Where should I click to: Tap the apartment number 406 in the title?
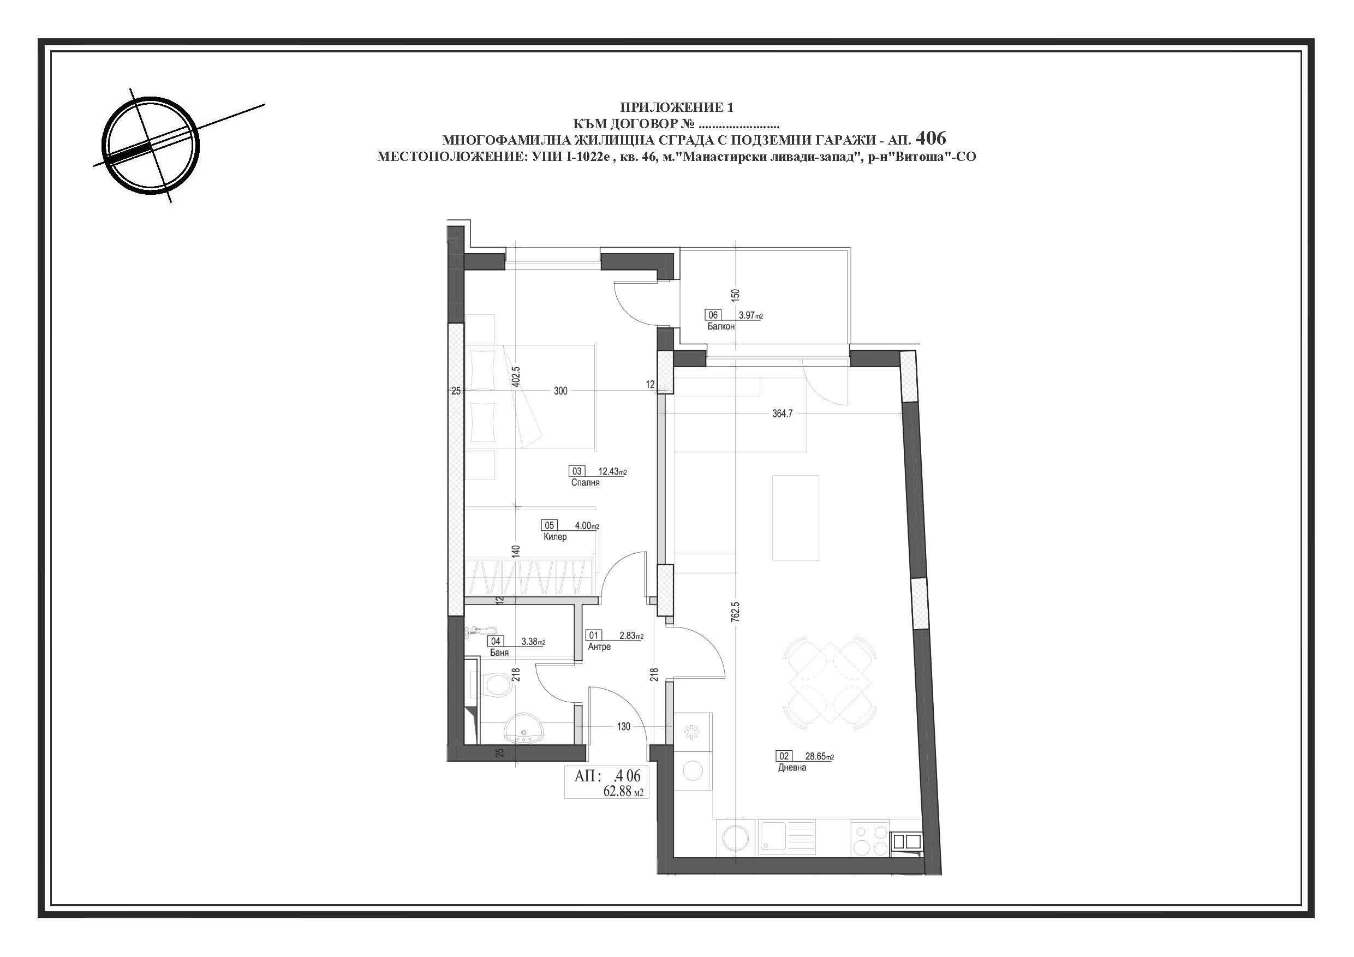930,139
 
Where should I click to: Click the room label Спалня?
585,482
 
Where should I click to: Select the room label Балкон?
720,326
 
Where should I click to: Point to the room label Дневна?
792,768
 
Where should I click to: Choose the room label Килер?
555,536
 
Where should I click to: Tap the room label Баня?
499,653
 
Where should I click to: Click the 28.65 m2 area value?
820,756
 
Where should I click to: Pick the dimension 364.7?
783,414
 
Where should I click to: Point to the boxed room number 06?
712,315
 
